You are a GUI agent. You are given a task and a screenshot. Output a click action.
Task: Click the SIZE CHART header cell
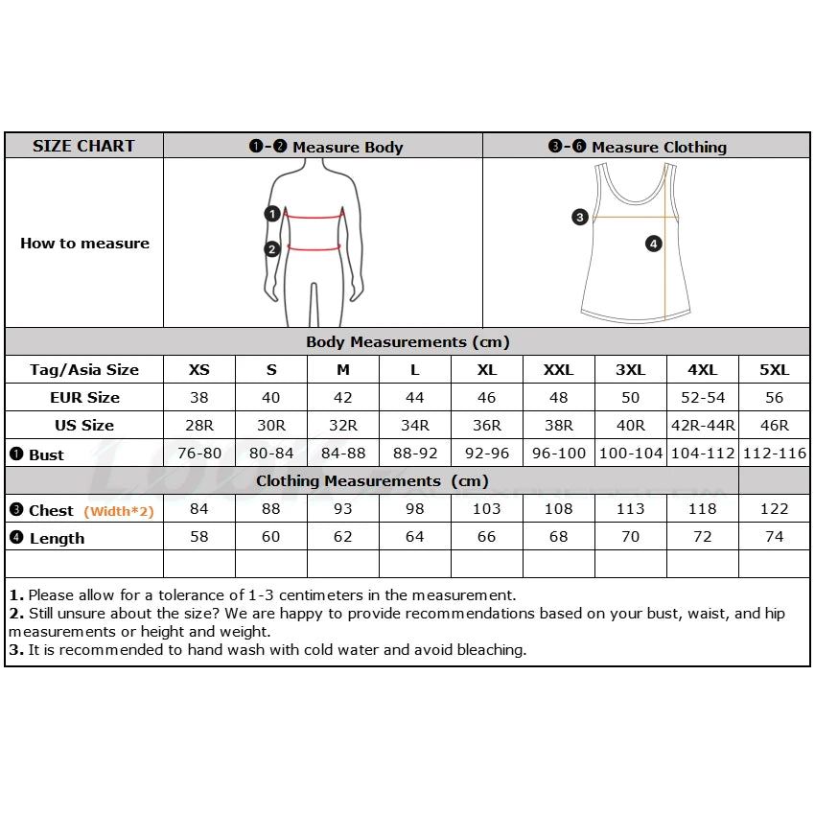coord(84,146)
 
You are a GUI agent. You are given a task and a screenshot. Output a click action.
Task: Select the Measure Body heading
coord(326,147)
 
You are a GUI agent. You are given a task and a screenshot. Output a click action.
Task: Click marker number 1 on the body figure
coord(272,214)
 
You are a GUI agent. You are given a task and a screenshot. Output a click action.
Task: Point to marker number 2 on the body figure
coord(272,249)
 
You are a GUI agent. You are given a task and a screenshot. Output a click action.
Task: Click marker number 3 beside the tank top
coord(580,217)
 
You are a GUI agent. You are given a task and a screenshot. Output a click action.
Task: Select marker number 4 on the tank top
coord(654,244)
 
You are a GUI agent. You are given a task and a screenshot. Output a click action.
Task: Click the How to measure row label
coord(84,244)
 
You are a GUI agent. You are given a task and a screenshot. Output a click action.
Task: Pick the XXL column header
coord(559,369)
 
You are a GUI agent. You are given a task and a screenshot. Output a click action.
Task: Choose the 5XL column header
coord(774,369)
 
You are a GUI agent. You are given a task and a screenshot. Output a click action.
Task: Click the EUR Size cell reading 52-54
coord(703,397)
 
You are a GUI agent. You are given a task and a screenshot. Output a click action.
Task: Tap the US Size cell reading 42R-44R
coord(703,425)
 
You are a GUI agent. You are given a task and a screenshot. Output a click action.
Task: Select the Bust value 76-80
coord(199,454)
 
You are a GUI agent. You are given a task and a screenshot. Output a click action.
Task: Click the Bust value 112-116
coord(774,454)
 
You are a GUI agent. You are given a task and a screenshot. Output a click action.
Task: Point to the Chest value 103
coord(487,509)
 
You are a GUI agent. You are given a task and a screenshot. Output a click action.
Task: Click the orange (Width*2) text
coord(119,511)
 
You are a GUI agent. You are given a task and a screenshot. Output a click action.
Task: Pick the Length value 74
coord(774,537)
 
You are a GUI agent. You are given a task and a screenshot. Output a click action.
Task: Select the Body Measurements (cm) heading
coord(407,342)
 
